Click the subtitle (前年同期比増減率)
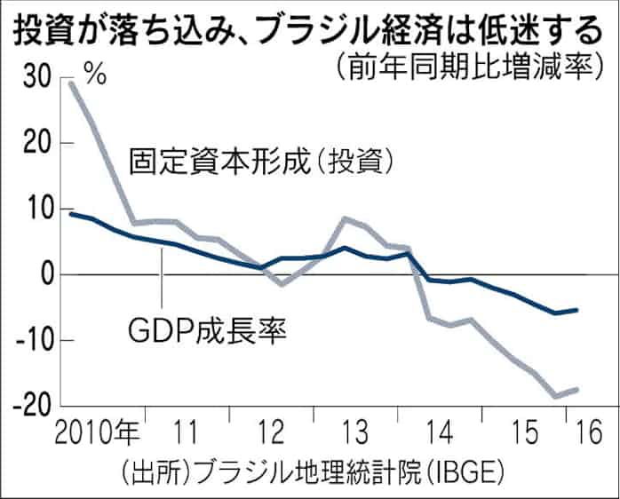(465, 67)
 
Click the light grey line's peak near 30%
(71, 83)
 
